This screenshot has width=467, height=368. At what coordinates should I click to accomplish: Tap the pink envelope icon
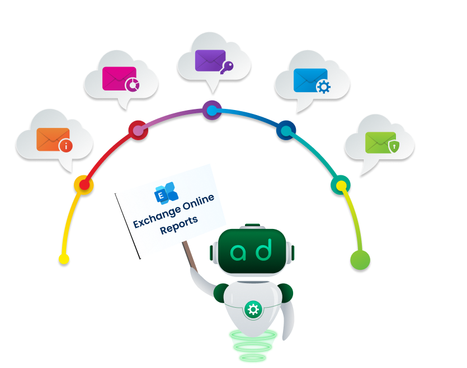[120, 79]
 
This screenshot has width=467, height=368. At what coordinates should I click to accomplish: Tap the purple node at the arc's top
[211, 111]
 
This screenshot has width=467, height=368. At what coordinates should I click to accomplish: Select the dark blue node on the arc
[286, 131]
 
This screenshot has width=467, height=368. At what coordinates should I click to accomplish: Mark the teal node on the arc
[340, 185]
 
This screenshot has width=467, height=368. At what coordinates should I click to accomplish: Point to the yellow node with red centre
[83, 184]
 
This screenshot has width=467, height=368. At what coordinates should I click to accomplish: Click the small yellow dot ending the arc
[64, 259]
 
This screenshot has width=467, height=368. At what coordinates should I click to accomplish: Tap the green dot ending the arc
[360, 259]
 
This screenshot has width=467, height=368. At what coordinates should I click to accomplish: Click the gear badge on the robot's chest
[253, 309]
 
